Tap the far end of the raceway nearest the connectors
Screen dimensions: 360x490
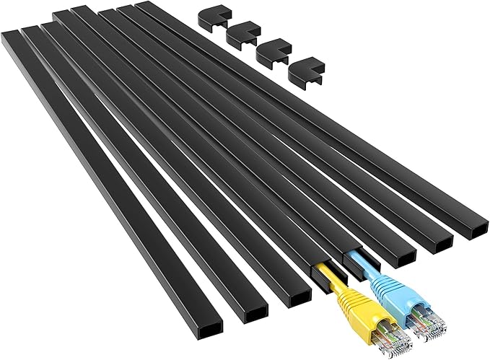(x=145, y=5)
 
